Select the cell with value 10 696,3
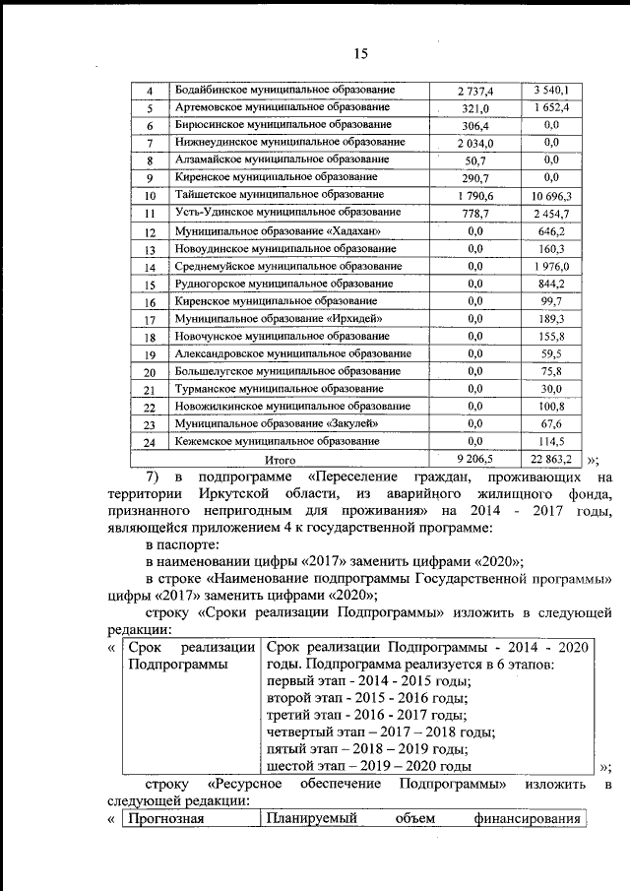point(551,197)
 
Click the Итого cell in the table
point(281,459)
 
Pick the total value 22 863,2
point(551,459)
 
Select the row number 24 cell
point(150,443)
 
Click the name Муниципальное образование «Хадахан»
point(277,232)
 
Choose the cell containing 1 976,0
point(551,268)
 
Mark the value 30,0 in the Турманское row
point(551,389)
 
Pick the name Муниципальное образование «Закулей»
point(276,423)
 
